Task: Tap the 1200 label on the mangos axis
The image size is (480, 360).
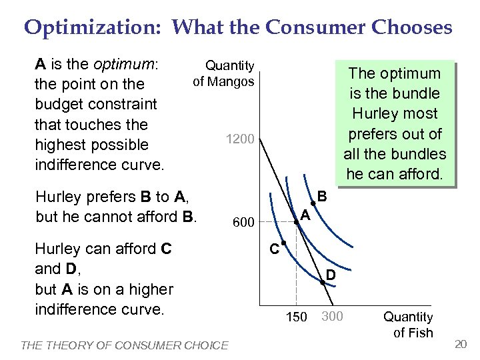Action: coord(240,139)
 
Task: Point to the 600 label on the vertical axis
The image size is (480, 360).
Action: coord(243,222)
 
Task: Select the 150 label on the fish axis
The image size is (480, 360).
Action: coord(296,316)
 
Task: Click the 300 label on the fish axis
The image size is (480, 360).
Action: coord(331,316)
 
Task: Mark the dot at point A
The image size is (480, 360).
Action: coord(297,221)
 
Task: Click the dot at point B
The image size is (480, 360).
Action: coord(313,203)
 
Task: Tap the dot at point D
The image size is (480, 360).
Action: coord(322,283)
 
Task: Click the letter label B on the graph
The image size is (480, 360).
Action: coord(322,197)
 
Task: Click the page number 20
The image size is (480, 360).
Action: coord(460,343)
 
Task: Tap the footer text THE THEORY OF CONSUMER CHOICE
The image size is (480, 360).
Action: coord(125,345)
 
